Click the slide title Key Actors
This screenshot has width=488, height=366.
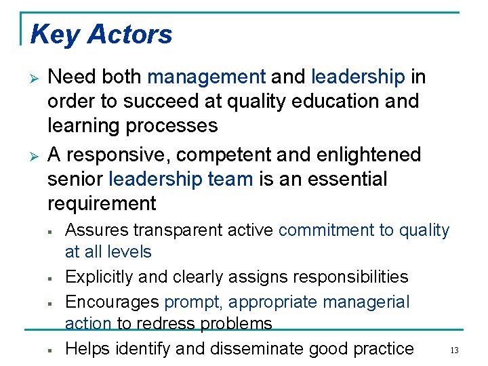102,34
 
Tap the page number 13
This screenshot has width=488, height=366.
455,350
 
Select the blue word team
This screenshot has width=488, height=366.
228,180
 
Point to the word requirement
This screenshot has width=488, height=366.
102,203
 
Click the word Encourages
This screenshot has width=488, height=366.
112,302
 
